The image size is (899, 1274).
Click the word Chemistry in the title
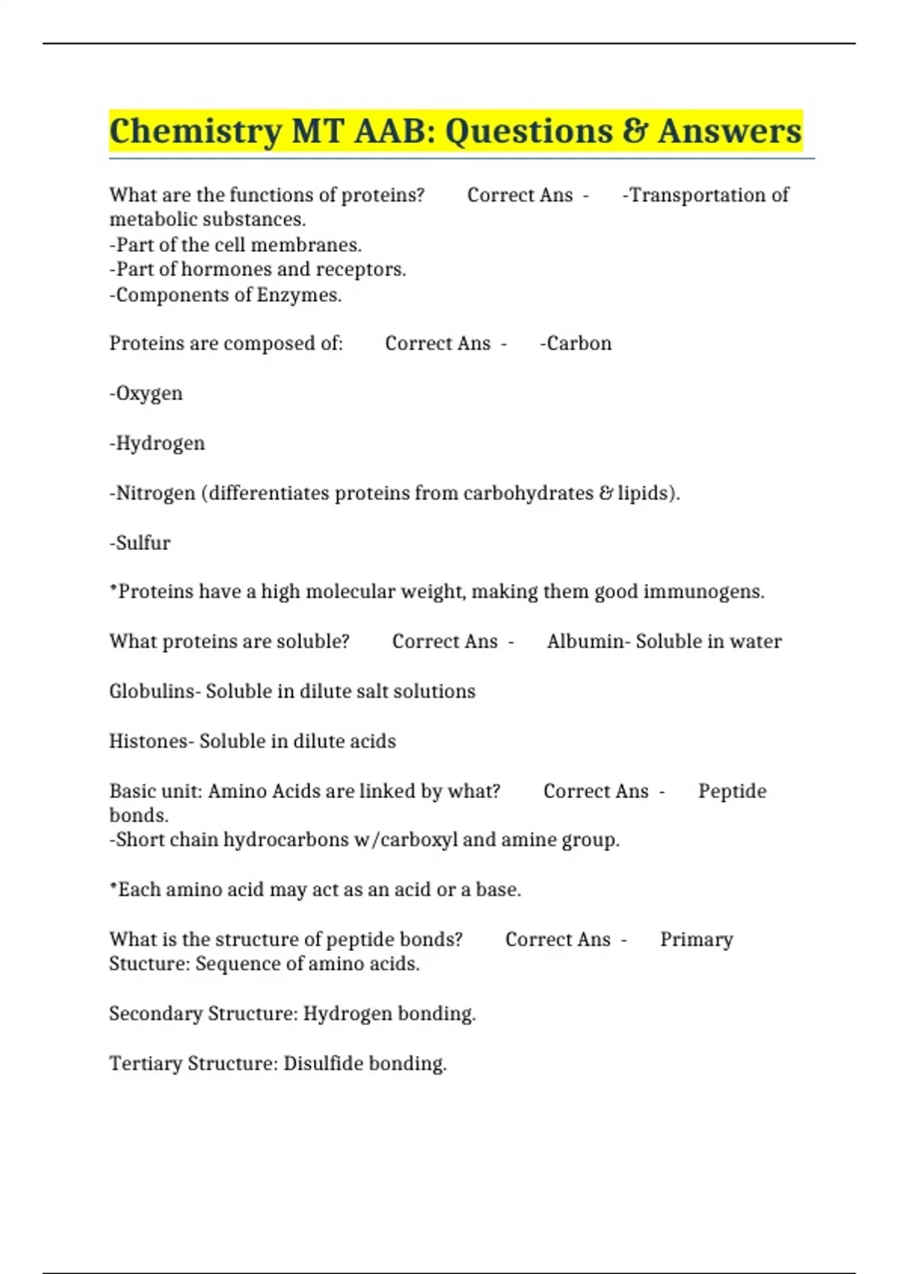pos(195,132)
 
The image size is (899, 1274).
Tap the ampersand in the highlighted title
pos(635,131)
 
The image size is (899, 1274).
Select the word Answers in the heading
pos(730,131)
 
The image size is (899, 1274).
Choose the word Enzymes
pos(299,295)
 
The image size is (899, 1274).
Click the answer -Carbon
pos(575,343)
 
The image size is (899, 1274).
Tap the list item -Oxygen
pos(146,393)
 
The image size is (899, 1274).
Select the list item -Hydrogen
pos(157,444)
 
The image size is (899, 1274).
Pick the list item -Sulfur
pos(140,543)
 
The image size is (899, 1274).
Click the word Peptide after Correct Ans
pos(732,791)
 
